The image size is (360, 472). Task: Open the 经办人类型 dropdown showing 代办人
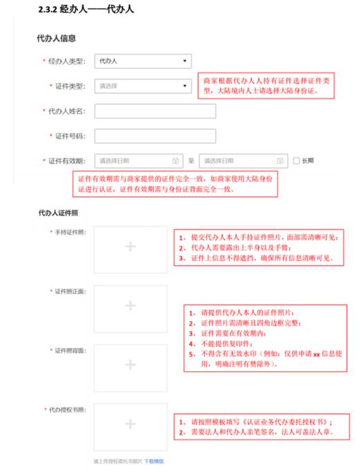(142, 62)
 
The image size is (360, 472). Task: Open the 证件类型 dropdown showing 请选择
(142, 86)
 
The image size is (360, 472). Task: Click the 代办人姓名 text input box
(154, 111)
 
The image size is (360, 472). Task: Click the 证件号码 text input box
(154, 136)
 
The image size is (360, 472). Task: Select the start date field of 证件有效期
(138, 161)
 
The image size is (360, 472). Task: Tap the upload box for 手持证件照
(130, 246)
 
